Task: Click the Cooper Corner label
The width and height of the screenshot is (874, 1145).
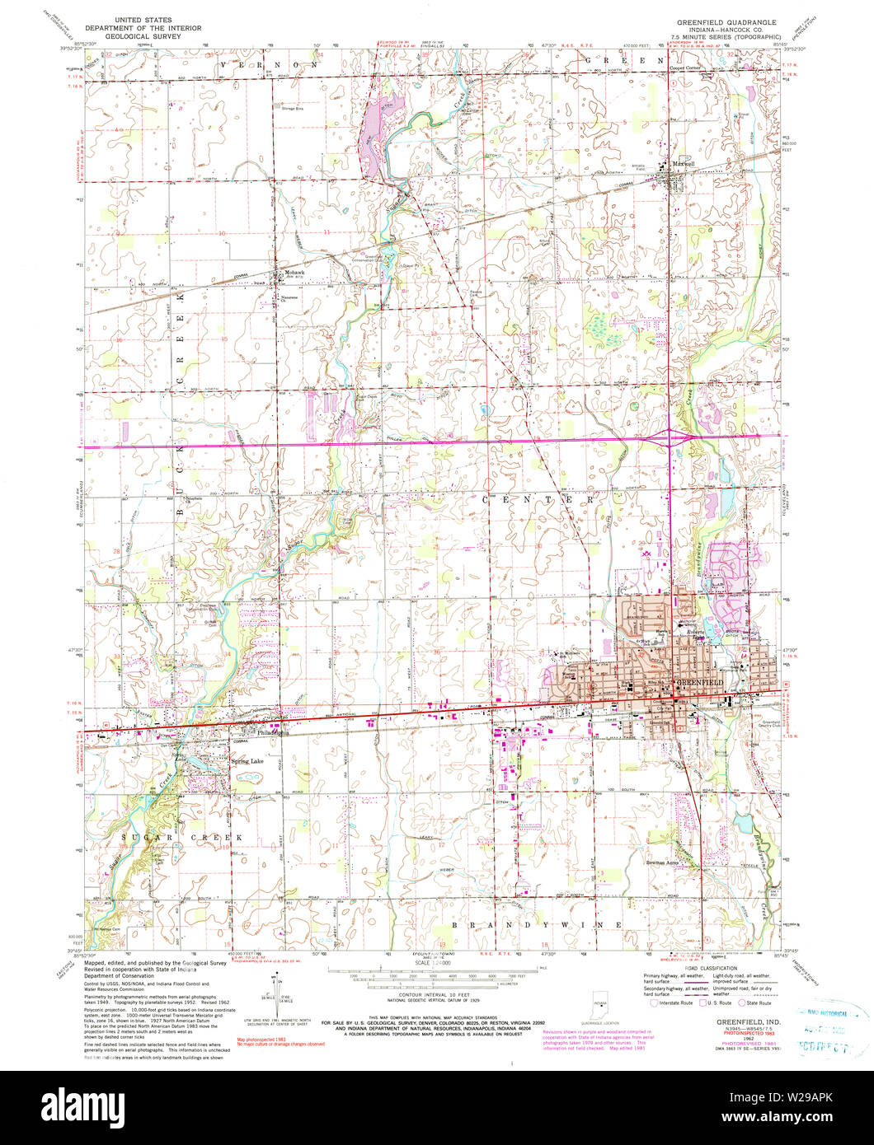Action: click(x=688, y=68)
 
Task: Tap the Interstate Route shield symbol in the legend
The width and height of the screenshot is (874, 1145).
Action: click(x=654, y=1002)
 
